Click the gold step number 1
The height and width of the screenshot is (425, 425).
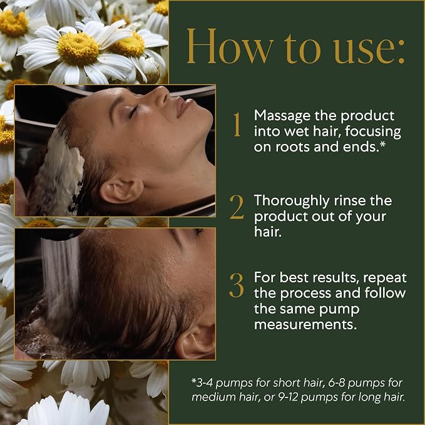237,125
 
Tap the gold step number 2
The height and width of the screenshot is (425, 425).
237,207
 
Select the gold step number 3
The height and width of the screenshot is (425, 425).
237,285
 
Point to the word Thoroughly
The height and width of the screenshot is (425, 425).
292,202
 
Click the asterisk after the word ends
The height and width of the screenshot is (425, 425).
382,145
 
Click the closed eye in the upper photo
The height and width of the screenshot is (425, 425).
134,111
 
